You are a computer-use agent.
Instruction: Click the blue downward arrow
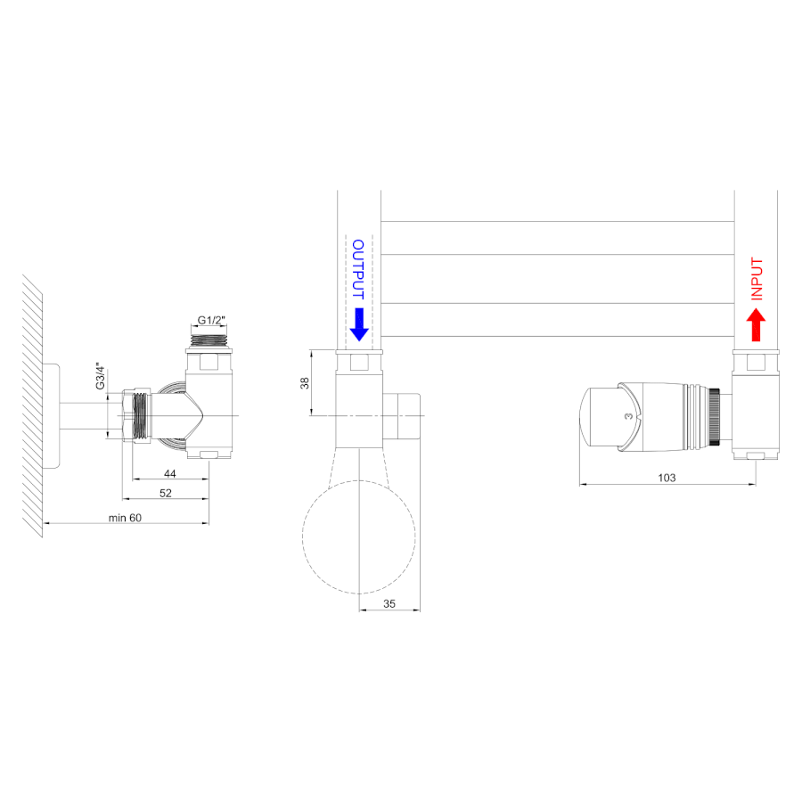(x=359, y=324)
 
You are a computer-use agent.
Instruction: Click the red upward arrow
(x=756, y=324)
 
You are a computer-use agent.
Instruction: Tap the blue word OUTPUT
(x=358, y=269)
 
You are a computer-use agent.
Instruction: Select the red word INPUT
(x=757, y=279)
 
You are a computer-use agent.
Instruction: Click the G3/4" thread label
(x=100, y=376)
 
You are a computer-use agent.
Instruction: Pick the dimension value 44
(x=170, y=474)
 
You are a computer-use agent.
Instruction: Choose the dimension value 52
(x=166, y=493)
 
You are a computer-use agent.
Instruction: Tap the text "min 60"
(x=125, y=518)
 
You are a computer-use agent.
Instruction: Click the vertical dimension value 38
(x=305, y=382)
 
